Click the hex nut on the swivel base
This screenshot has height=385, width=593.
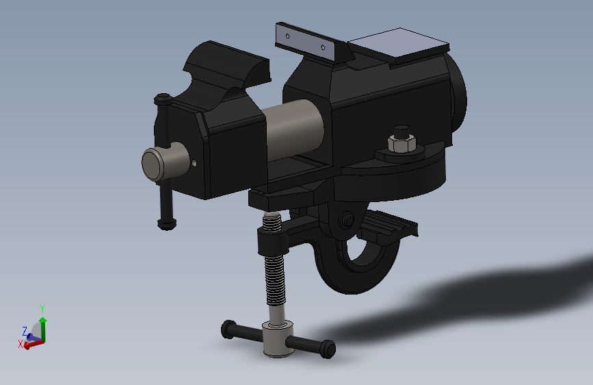(x=401, y=144)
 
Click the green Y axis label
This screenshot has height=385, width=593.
(x=42, y=308)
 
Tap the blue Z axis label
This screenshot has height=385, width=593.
(x=25, y=331)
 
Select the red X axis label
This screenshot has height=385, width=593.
(x=21, y=344)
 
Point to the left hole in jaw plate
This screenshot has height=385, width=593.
(x=287, y=36)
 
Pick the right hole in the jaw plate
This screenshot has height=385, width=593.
(x=323, y=47)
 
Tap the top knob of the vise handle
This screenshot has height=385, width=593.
(x=163, y=99)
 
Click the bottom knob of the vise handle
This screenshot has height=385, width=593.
(x=167, y=224)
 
